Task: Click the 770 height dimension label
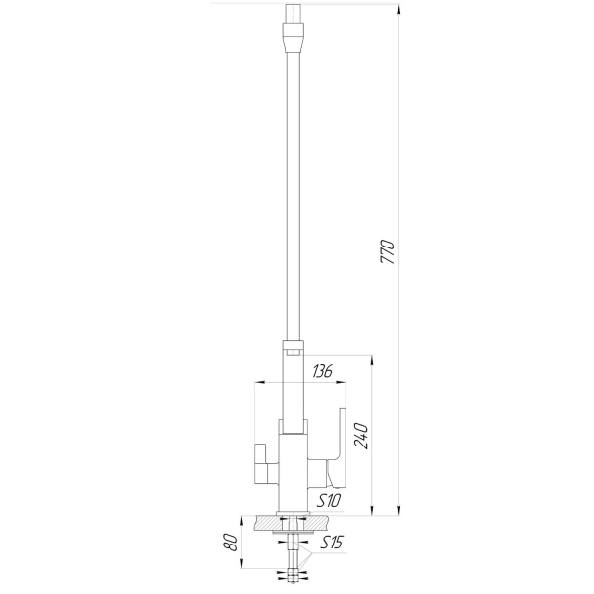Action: (x=387, y=251)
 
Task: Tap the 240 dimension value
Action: (x=361, y=436)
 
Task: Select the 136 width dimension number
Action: (x=322, y=371)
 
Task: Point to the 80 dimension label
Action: (x=232, y=543)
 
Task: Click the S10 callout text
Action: (x=328, y=501)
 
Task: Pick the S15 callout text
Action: (x=331, y=543)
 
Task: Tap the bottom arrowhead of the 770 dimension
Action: (x=399, y=510)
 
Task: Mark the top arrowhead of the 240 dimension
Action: (x=372, y=361)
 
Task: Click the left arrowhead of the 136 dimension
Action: (x=261, y=382)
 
